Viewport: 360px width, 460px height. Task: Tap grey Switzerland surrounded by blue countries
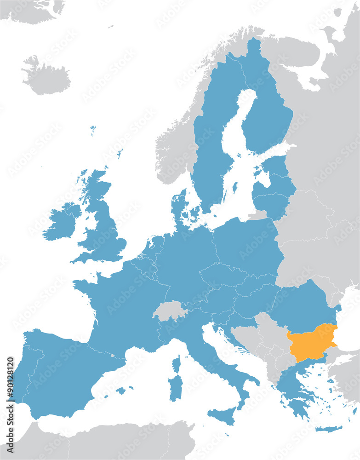click(169, 311)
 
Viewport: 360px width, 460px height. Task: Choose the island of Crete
click(328, 429)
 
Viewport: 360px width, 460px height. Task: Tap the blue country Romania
click(303, 304)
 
